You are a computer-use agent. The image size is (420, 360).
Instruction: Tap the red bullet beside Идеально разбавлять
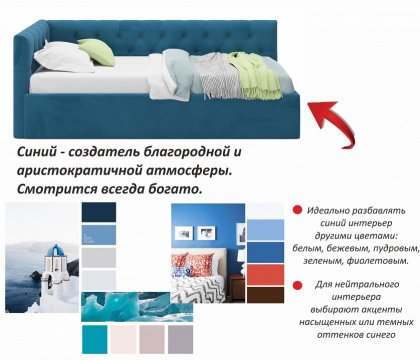[297, 209]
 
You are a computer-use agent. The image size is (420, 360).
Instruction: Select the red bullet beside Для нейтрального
[297, 285]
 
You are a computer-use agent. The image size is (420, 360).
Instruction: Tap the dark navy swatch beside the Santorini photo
[99, 212]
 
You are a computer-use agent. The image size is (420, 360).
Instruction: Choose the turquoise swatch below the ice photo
[95, 338]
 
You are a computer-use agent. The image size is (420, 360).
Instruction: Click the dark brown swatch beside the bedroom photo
[264, 296]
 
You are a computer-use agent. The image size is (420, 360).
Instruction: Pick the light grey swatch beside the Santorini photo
[99, 257]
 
